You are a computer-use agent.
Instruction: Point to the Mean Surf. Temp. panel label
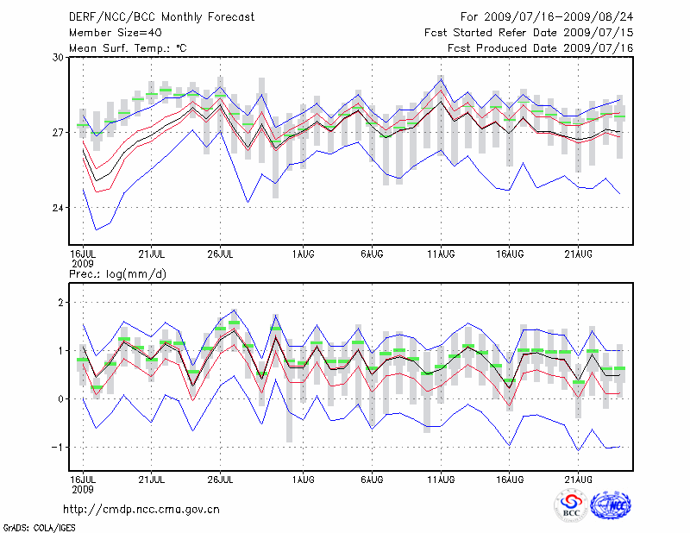[x=128, y=47]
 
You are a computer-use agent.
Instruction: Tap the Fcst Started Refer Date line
[x=529, y=33]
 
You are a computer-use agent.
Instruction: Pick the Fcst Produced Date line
[x=540, y=47]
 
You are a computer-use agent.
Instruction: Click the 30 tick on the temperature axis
[x=58, y=57]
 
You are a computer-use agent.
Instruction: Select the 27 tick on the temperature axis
[x=58, y=133]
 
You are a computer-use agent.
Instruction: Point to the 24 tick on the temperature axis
[x=58, y=208]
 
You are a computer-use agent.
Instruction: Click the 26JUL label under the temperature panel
[x=222, y=254]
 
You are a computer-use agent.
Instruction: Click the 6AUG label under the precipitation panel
[x=373, y=478]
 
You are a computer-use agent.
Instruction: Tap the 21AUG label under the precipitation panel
[x=578, y=478]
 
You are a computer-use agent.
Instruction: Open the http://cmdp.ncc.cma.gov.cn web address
[x=142, y=509]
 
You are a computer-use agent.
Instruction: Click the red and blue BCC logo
[x=571, y=505]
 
